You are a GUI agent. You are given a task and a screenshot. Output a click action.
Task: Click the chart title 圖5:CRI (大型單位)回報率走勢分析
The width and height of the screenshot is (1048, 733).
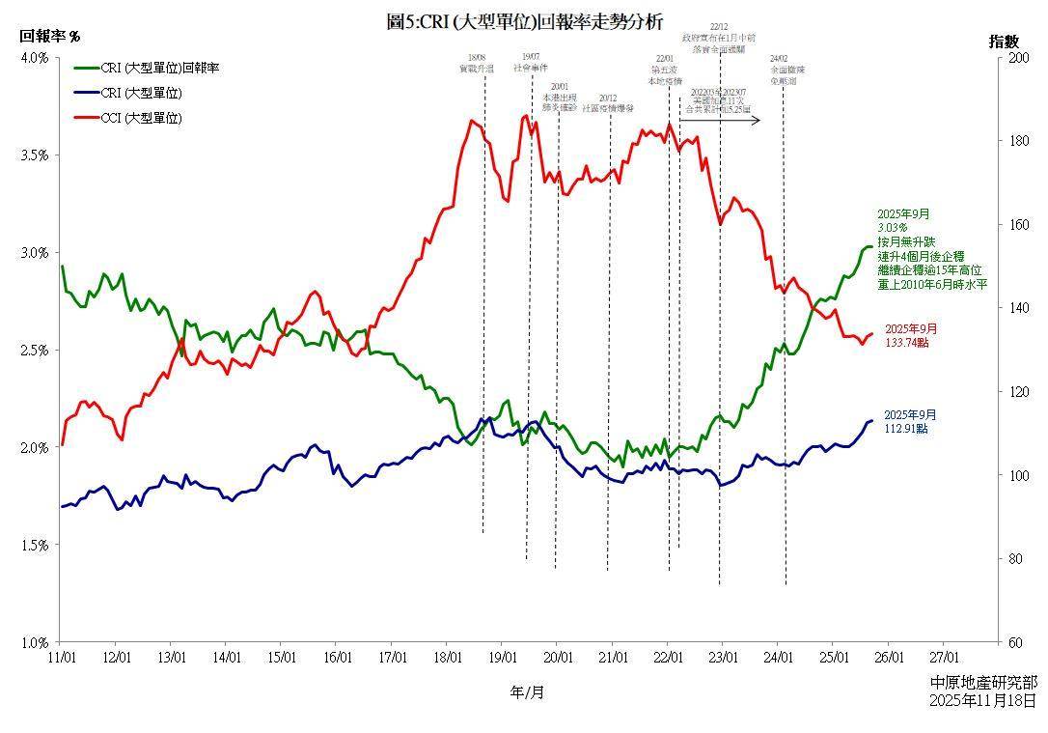(524, 22)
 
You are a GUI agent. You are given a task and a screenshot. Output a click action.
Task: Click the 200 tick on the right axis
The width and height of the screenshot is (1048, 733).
(1012, 58)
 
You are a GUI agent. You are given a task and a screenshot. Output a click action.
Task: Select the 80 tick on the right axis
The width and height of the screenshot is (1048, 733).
(1009, 559)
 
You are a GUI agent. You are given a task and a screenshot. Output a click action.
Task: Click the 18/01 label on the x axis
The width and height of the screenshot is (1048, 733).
(448, 657)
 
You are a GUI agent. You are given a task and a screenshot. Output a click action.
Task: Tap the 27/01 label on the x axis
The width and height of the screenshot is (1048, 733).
(943, 657)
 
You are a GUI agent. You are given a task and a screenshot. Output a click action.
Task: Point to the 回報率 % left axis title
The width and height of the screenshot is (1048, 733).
(50, 36)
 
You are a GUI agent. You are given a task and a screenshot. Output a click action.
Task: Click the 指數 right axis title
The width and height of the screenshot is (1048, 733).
(1004, 42)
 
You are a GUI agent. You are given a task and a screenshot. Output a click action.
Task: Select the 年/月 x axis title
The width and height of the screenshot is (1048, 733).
(527, 691)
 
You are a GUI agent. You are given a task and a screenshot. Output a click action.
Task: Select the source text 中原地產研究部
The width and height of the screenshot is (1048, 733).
(984, 682)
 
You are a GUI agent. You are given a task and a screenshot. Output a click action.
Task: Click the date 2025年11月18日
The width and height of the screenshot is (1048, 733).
(984, 699)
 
